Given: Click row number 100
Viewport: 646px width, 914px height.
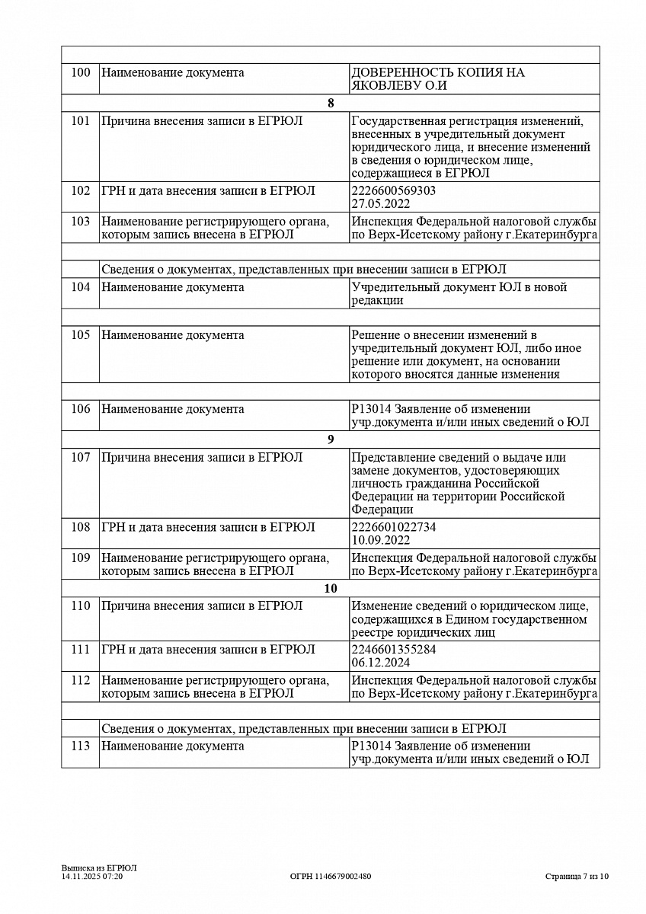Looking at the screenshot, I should coord(80,73).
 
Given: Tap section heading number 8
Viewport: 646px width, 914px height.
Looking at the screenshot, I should coord(331,104).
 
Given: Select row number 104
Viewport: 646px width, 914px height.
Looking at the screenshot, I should coord(80,287).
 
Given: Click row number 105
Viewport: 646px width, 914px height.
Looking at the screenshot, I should coord(80,335).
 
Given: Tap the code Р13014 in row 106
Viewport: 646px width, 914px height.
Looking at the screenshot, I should coord(370,409).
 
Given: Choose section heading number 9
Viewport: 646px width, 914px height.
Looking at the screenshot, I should coord(331,439).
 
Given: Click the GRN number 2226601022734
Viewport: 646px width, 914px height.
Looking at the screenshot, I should coord(394,528).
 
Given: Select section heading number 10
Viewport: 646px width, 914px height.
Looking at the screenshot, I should coord(331,589).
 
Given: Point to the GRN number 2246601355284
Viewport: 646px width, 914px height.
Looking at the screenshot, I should coord(394,650).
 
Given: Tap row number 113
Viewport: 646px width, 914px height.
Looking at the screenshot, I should coord(80,746).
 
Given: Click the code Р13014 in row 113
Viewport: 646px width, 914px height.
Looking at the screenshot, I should coord(370,746).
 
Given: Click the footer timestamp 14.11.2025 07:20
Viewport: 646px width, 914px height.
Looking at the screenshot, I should coord(92,877).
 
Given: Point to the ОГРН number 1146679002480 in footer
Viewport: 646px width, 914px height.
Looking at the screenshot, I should coord(331,877).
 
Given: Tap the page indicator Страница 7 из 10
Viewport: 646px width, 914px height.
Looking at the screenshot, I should coord(577,877).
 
